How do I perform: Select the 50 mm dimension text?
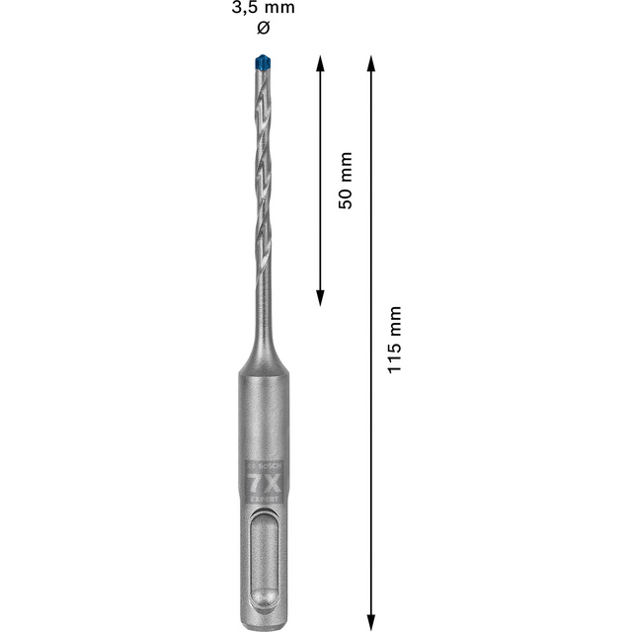[x=345, y=180]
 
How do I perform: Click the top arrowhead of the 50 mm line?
[x=320, y=62]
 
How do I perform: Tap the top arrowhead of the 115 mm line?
[x=371, y=62]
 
